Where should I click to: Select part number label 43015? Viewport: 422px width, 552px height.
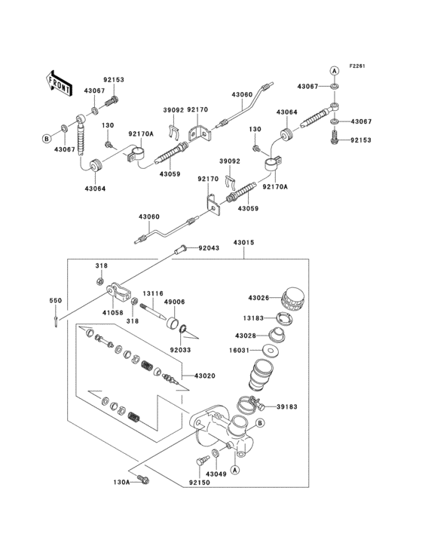click(x=243, y=242)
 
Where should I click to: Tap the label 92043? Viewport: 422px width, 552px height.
click(x=210, y=248)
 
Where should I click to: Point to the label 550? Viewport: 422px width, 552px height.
click(x=55, y=301)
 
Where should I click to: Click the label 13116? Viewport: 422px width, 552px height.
click(x=154, y=294)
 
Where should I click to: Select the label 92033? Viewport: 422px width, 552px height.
click(x=181, y=350)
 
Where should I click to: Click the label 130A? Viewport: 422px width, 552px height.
click(x=122, y=480)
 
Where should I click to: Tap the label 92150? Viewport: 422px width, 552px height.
click(x=199, y=482)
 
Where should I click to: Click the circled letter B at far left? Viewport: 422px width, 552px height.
click(x=46, y=139)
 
